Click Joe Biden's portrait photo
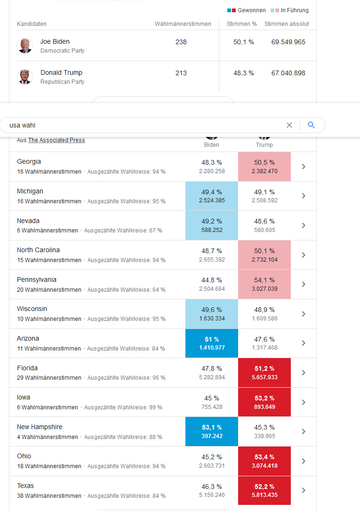coord(24,46)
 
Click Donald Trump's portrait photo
coord(24,77)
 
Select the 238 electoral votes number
coord(181,42)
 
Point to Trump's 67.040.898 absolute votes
coord(288,73)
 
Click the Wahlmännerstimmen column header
coord(183,24)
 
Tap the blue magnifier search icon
coord(311,125)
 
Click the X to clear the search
coord(289,125)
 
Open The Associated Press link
coord(56,140)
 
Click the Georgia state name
coord(29,161)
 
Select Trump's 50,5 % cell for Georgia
coord(264,167)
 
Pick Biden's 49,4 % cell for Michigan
coord(212,196)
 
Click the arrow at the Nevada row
coord(304,225)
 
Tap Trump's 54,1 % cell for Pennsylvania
coord(264,284)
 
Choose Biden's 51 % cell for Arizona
coord(212,343)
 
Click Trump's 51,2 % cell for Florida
coord(264,373)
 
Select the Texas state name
coord(25,486)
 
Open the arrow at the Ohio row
coord(304,461)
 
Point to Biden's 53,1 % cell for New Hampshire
coord(212,431)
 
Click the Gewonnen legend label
coord(251,10)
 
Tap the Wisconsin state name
coord(32,309)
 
